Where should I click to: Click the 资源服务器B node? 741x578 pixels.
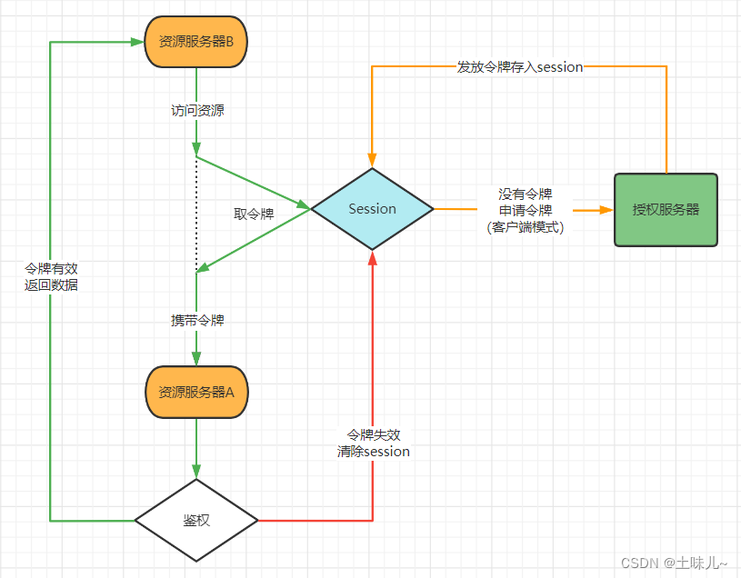pos(195,41)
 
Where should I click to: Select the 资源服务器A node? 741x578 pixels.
pos(195,393)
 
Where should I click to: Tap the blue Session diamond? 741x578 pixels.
pos(372,209)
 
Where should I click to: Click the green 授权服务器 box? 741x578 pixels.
pos(666,209)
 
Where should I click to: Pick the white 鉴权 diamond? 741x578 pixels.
pos(196,521)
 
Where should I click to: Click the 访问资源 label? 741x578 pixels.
pos(197,111)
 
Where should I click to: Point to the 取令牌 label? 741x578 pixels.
pos(254,214)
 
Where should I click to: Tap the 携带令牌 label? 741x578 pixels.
pos(197,320)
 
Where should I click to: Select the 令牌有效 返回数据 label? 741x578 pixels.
pos(52,276)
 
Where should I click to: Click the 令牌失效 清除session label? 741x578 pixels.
pos(373,443)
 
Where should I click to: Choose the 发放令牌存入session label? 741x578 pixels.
pos(519,66)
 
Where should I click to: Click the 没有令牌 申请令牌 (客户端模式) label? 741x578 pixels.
pos(525,211)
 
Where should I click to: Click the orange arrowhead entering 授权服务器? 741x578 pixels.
pos(606,209)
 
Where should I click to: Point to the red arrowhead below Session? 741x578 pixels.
pos(373,258)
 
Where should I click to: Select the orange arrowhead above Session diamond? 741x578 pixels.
pos(372,160)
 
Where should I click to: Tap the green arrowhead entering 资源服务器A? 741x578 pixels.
pos(196,359)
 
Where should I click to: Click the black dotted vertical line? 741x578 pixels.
pos(196,214)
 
